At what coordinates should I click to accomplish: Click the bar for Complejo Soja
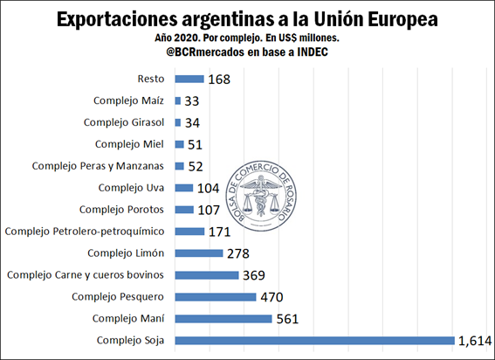tap(314, 340)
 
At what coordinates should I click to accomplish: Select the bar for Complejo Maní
tap(223, 318)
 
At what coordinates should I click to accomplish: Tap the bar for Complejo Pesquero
tap(216, 296)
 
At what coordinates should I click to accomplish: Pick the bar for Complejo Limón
tap(199, 253)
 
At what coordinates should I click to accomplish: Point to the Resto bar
tap(189, 79)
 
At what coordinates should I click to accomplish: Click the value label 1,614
tap(475, 340)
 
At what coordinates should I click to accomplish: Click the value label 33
tap(192, 100)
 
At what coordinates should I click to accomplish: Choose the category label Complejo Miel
tap(131, 144)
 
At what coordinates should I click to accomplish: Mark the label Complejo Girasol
tap(124, 122)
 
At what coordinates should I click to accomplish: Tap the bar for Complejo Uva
tap(184, 188)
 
